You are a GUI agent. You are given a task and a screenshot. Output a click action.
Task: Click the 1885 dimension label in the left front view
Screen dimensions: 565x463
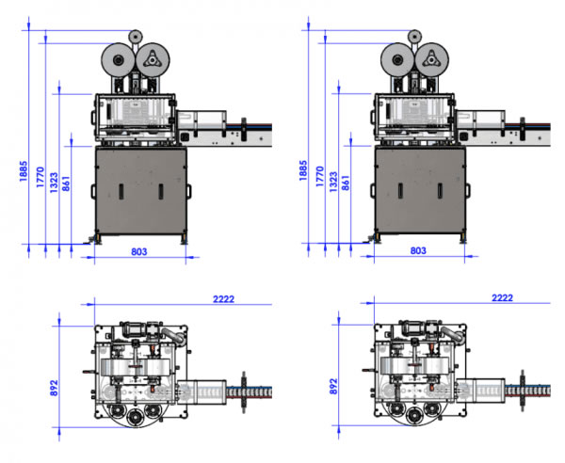(24, 171)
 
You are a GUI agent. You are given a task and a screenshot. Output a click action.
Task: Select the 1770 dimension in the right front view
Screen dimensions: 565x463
(320, 176)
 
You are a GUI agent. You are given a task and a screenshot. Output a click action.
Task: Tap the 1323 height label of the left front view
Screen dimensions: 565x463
(54, 183)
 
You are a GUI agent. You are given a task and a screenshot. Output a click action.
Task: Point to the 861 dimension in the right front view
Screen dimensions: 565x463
(346, 183)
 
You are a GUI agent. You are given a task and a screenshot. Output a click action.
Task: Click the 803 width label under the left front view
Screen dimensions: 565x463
(139, 251)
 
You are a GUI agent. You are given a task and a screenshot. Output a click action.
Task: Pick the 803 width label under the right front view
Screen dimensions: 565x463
(418, 250)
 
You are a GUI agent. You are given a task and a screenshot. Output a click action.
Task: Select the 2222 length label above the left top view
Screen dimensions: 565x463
(224, 299)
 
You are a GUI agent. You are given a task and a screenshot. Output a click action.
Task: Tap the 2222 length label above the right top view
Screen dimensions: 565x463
(502, 298)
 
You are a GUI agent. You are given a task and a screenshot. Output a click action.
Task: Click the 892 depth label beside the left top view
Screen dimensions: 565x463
(54, 388)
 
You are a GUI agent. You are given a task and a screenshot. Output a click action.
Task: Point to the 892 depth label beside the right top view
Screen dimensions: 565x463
(333, 387)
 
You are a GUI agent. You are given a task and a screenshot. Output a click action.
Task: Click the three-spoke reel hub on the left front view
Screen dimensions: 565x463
(152, 59)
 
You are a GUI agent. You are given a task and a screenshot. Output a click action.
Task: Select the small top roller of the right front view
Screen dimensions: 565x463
(414, 37)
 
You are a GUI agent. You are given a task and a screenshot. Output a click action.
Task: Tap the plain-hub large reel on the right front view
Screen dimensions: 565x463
(397, 60)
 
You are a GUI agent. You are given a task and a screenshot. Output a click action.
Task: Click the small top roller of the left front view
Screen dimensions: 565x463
(135, 37)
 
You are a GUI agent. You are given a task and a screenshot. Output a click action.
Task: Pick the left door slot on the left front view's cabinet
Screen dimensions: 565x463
(121, 192)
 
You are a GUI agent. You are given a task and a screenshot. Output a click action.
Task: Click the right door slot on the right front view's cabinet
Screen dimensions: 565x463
(440, 191)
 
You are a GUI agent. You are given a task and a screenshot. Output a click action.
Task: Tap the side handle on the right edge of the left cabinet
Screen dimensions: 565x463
(189, 191)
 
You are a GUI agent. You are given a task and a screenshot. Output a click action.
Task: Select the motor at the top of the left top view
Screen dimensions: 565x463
(134, 328)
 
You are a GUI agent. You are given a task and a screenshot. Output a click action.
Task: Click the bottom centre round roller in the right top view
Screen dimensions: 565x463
(414, 417)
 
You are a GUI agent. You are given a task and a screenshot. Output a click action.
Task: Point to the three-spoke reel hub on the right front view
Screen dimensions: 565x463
(431, 59)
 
